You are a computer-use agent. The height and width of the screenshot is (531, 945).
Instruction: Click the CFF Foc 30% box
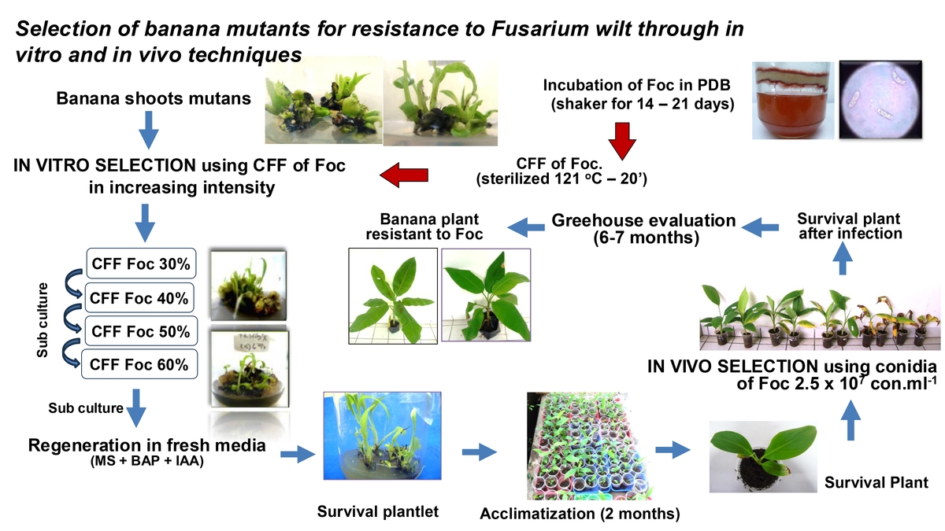click(x=141, y=264)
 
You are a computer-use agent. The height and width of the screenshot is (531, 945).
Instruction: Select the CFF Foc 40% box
click(x=139, y=298)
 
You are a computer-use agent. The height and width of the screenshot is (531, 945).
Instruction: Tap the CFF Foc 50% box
click(x=141, y=331)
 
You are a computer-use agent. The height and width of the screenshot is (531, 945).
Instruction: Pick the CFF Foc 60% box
click(x=139, y=364)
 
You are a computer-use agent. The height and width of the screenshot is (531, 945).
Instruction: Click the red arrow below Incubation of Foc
click(x=622, y=141)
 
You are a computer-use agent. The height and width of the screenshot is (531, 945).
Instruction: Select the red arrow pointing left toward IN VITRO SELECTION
click(x=404, y=175)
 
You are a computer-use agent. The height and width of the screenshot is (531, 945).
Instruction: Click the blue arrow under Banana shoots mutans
click(x=149, y=130)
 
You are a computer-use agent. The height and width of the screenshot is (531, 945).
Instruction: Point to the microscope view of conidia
click(x=880, y=99)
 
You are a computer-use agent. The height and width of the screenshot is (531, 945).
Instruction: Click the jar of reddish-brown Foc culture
click(x=793, y=101)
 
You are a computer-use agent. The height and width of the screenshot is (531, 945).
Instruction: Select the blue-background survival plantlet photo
click(x=382, y=436)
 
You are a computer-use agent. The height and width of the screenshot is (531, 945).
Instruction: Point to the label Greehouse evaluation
click(x=643, y=220)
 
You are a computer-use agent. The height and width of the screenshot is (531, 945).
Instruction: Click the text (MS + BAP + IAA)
click(x=146, y=461)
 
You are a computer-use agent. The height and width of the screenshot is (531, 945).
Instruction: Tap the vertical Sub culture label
click(x=43, y=320)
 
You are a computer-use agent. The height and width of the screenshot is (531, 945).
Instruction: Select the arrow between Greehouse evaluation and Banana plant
click(x=526, y=227)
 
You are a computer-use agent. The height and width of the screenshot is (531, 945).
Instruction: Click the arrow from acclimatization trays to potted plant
click(x=673, y=450)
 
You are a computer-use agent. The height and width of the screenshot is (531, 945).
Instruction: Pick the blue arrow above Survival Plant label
click(x=850, y=420)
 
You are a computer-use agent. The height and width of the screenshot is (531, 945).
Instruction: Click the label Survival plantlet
click(x=377, y=511)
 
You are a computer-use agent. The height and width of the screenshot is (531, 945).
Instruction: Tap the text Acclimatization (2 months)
click(x=580, y=513)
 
